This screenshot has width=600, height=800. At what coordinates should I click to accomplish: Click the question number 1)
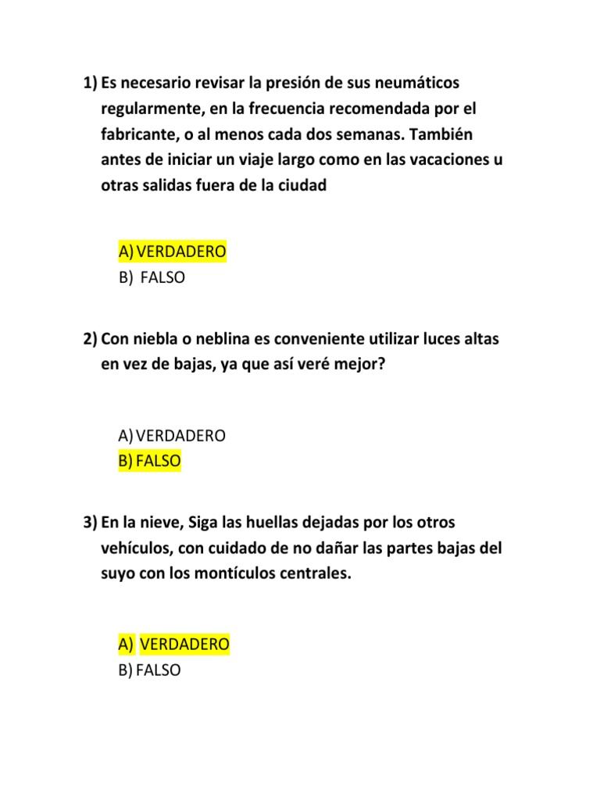[x=90, y=83]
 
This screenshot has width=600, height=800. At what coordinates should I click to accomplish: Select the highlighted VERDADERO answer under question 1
[x=173, y=252]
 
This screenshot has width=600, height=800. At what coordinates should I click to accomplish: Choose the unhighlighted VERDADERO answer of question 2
[x=173, y=435]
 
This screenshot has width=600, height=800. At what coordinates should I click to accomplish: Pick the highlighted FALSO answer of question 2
[x=150, y=461]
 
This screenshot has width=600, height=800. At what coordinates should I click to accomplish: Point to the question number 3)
[x=90, y=522]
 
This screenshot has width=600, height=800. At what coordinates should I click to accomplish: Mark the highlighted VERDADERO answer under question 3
[x=174, y=645]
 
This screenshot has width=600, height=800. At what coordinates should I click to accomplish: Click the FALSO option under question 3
[x=150, y=670]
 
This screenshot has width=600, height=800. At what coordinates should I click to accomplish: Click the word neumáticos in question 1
[x=416, y=83]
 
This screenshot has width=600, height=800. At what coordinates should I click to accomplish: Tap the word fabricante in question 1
[x=138, y=134]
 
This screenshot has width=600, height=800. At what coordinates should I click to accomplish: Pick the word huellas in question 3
[x=259, y=522]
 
